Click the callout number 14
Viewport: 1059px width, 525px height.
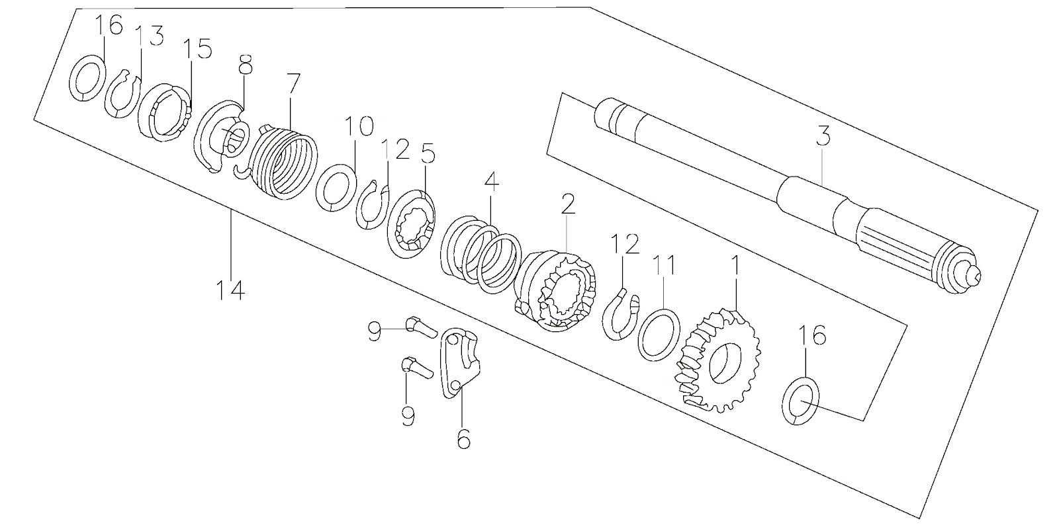tap(230, 290)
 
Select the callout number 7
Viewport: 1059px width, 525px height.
tap(293, 84)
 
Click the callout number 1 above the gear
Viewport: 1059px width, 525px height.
tap(733, 266)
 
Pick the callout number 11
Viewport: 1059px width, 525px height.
tap(665, 265)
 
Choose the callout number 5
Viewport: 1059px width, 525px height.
tap(428, 155)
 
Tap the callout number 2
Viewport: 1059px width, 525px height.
tap(568, 204)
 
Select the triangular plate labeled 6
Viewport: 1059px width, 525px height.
tap(461, 362)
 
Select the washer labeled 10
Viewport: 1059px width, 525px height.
tap(338, 187)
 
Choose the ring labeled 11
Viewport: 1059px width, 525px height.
tap(659, 334)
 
